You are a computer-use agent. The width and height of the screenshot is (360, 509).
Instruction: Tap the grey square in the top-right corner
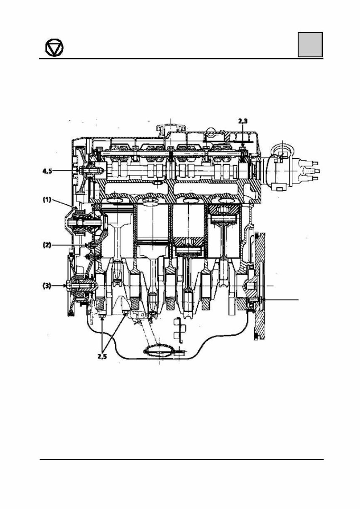pyautogui.click(x=310, y=45)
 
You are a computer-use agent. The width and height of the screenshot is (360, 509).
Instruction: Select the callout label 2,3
pyautogui.click(x=243, y=122)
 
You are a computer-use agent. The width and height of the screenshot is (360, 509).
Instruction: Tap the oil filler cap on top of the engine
pyautogui.click(x=170, y=128)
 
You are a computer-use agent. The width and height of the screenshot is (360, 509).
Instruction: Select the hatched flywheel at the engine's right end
pyautogui.click(x=259, y=285)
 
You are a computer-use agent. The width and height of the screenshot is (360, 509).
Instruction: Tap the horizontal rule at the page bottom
pyautogui.click(x=181, y=460)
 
